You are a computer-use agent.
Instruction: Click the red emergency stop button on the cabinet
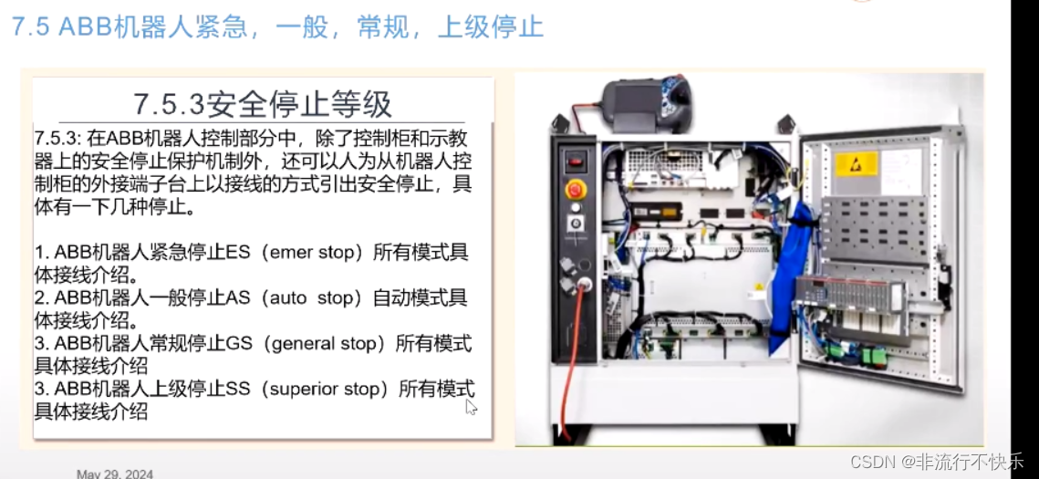click(x=576, y=190)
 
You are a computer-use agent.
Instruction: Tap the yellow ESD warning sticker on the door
click(x=857, y=163)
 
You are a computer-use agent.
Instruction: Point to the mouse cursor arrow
click(x=471, y=406)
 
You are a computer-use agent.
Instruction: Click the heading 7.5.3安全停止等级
click(x=263, y=104)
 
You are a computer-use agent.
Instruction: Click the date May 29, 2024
click(x=115, y=474)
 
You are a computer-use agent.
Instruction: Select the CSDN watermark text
click(x=936, y=461)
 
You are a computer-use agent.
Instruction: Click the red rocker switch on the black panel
click(x=575, y=160)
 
